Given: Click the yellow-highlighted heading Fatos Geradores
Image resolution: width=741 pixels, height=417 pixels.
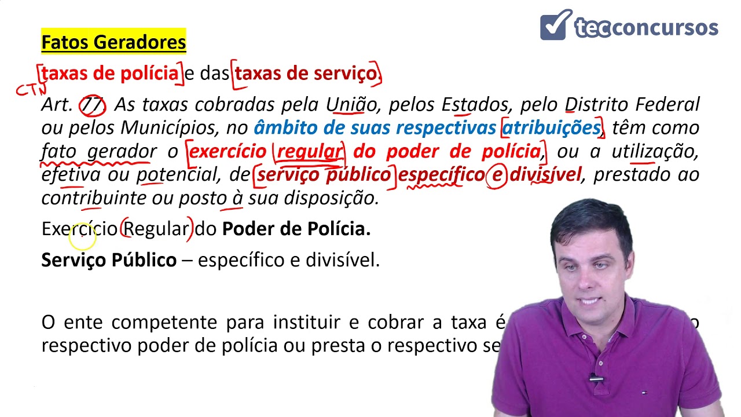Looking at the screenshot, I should point(113,42).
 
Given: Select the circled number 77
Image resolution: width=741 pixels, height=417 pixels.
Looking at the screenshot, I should point(93,105).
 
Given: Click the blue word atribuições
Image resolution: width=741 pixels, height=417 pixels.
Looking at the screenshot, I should point(551,128).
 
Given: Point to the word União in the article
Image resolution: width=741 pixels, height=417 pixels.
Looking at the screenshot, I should point(351,105).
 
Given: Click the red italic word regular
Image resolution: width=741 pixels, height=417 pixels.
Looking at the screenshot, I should point(309,152).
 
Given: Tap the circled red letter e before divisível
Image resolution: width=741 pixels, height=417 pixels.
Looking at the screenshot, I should point(496,175).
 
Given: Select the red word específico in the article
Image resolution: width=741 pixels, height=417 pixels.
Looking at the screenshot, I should point(440,175).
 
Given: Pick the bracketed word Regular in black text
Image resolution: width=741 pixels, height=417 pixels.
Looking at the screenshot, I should point(156,229).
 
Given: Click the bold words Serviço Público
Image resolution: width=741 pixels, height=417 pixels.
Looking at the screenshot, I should point(109,260).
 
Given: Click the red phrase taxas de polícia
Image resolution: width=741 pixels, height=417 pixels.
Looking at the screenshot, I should point(110,74).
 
